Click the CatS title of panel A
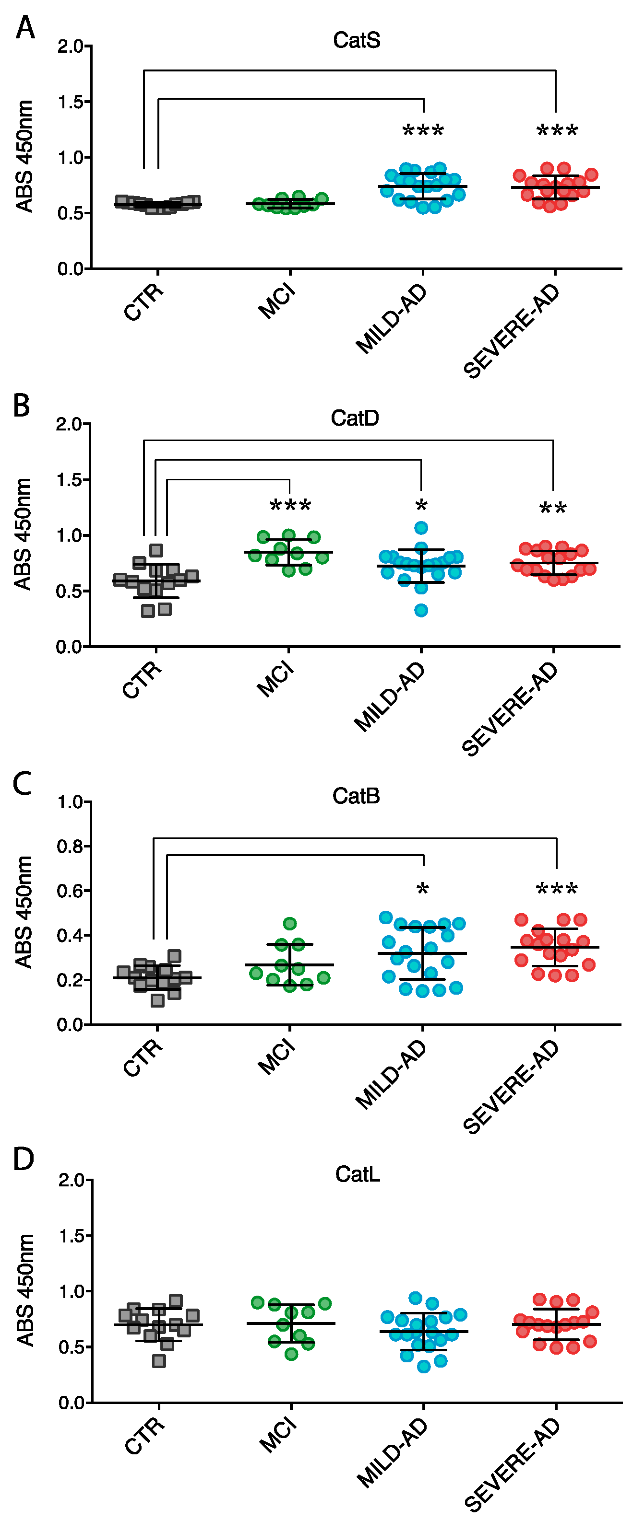(x=356, y=40)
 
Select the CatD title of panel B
(x=354, y=418)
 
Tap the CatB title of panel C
(x=356, y=796)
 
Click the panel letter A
(x=25, y=27)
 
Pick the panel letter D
(x=24, y=1159)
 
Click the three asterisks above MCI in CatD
(x=290, y=506)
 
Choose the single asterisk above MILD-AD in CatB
(x=422, y=889)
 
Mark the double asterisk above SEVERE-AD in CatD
(x=553, y=509)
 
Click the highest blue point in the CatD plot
(x=421, y=527)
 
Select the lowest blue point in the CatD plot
(x=421, y=610)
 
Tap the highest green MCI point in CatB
(x=289, y=923)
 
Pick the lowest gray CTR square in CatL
(x=159, y=1361)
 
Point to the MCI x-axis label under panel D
(x=277, y=1435)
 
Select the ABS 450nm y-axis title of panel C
(x=24, y=912)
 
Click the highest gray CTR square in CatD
(x=156, y=550)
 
